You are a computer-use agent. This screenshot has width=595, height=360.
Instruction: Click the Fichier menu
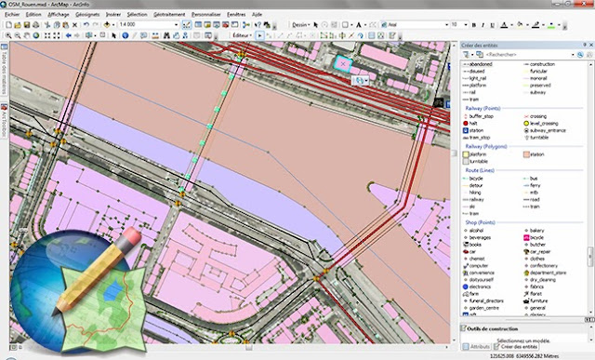coord(15,16)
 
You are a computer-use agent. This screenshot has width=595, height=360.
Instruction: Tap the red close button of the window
coord(581,5)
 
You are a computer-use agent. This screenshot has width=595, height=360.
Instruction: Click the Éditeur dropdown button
coord(243,34)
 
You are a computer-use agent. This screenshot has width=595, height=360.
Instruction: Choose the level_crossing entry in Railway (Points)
coord(549,123)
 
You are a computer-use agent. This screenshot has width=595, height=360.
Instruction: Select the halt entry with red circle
coord(473,123)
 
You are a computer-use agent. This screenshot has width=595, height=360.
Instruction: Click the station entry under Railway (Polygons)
coord(536,153)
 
